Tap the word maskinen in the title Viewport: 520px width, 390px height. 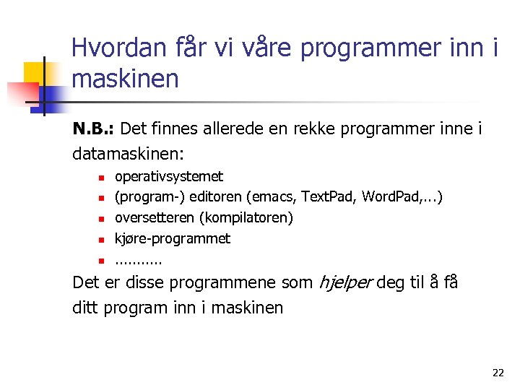(125, 79)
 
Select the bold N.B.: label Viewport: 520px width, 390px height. (94, 129)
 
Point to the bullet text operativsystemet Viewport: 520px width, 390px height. (169, 176)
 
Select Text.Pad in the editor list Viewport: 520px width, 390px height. (329, 197)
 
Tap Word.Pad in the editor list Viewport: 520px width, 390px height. (390, 197)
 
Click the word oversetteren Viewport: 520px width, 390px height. (155, 217)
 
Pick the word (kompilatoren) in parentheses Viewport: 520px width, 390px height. (246, 217)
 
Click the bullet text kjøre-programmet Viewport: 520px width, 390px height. (173, 238)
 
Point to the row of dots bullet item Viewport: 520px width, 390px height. (139, 260)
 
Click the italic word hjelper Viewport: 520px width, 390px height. (344, 283)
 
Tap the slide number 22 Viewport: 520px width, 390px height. (498, 373)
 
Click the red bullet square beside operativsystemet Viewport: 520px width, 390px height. (103, 177)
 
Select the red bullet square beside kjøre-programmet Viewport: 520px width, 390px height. (103, 239)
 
